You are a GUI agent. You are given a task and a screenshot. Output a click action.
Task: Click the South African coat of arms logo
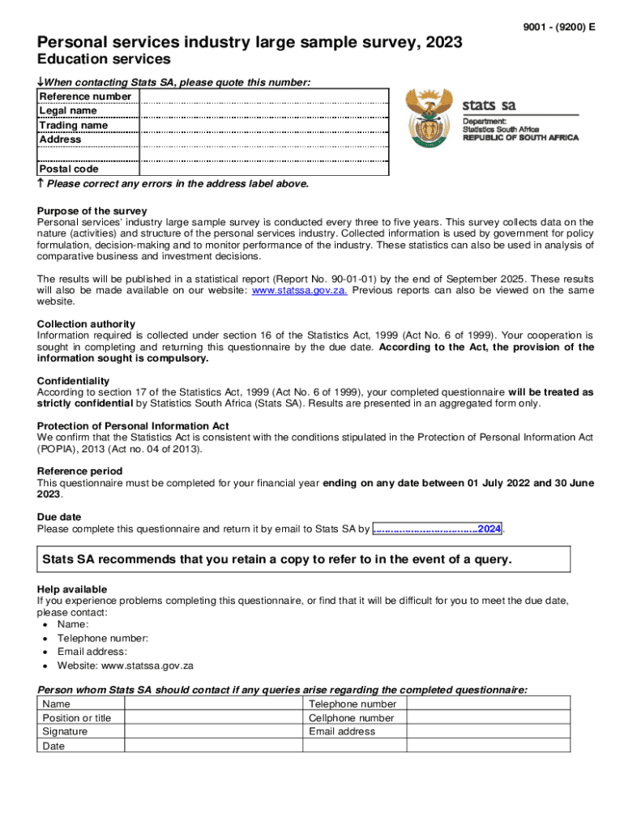point(430,118)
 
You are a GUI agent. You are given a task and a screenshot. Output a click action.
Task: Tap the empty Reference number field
point(264,96)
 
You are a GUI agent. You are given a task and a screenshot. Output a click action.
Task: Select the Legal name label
point(68,111)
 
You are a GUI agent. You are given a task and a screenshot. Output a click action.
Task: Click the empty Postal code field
point(264,169)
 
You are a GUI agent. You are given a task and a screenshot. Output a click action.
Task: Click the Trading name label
point(73,126)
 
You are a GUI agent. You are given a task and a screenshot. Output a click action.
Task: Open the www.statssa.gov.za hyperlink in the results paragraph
point(300,290)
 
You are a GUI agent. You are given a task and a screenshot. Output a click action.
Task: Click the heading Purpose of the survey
point(92,211)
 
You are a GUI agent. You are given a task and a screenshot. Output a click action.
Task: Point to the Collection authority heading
point(86,324)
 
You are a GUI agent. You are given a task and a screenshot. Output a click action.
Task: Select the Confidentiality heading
point(74,381)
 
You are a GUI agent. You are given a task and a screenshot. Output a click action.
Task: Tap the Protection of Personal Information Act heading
point(133,426)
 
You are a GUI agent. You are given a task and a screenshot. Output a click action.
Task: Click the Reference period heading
point(79,471)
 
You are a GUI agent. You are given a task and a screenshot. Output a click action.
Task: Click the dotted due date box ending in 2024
point(437,528)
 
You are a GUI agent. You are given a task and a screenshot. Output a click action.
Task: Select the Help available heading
point(71,589)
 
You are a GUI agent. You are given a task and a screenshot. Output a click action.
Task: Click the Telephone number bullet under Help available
point(103,639)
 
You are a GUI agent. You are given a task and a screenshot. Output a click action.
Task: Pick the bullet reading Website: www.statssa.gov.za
point(125,665)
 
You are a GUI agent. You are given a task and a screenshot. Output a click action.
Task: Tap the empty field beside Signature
point(211,732)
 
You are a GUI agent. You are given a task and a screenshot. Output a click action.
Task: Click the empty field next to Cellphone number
point(488,718)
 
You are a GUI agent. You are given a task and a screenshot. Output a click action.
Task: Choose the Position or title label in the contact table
point(77,718)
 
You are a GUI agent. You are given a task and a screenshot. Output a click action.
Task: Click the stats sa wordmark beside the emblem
point(489,105)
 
